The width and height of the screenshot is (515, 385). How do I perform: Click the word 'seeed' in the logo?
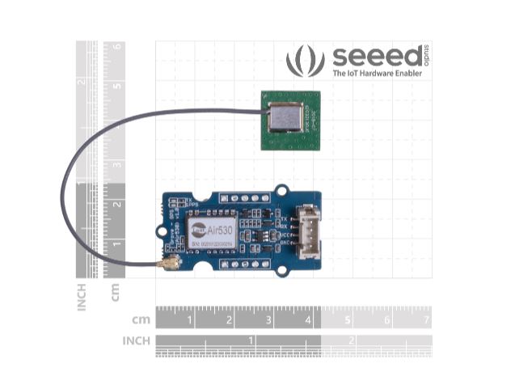[374, 57]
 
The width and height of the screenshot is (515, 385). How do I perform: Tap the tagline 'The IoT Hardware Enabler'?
[378, 74]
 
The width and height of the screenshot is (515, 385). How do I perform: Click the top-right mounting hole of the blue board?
[282, 191]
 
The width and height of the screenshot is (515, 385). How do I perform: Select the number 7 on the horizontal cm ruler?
[426, 321]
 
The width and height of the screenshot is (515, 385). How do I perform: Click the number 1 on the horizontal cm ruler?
[190, 321]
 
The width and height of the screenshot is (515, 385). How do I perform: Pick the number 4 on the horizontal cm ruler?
[308, 321]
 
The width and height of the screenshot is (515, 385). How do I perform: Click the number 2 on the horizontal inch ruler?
[352, 341]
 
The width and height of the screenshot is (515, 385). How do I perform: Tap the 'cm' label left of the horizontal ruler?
[141, 318]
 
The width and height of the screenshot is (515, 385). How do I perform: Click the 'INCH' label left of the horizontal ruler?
[136, 341]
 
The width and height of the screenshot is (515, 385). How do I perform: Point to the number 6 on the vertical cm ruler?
[118, 47]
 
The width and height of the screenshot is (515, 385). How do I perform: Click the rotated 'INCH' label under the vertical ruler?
[82, 296]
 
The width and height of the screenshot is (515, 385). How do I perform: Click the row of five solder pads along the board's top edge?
[245, 197]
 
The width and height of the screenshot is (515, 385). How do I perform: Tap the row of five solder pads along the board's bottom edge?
[245, 263]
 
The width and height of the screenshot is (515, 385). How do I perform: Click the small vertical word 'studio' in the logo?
[426, 57]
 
